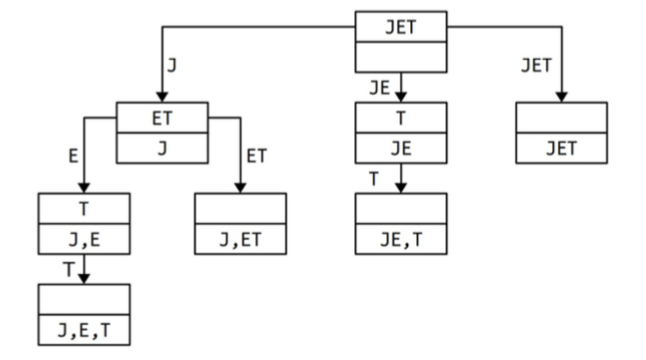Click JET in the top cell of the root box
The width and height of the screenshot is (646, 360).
coord(400,26)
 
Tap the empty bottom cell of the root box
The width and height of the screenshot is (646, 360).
coord(400,56)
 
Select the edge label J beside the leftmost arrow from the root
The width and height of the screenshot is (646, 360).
coord(172,66)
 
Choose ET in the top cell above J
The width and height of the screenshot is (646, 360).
coord(162,118)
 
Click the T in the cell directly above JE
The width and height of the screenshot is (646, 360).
coord(400,118)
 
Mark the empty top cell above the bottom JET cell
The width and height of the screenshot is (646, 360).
coord(561,118)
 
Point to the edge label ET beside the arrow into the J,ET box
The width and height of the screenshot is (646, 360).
coord(257,155)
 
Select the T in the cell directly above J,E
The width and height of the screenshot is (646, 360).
coord(84,208)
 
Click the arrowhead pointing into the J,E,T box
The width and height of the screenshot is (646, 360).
coord(84,278)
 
